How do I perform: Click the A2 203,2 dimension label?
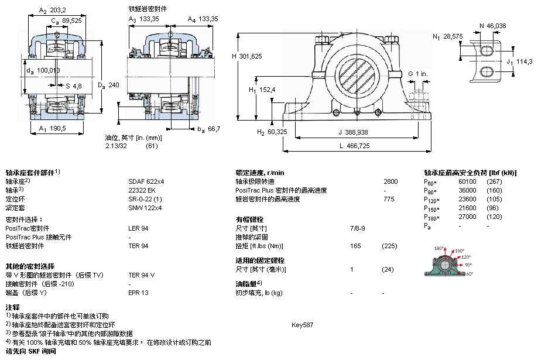[x=52, y=11]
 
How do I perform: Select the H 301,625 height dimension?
[x=246, y=56]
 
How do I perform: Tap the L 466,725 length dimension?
[x=355, y=146]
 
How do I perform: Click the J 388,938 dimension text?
[x=354, y=132]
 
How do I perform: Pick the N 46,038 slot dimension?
[x=493, y=26]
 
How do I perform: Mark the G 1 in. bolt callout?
[x=418, y=74]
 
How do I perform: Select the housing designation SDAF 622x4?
[x=146, y=181]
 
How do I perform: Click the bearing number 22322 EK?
[x=142, y=190]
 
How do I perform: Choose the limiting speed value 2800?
[x=391, y=181]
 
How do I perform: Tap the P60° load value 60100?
[x=467, y=181]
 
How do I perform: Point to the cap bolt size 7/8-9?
[x=358, y=228]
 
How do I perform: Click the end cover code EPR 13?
[x=138, y=293]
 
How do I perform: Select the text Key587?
[x=302, y=325]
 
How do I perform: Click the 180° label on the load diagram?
[x=439, y=248]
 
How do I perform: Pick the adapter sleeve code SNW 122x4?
[x=145, y=208]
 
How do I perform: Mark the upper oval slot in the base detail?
[x=486, y=51]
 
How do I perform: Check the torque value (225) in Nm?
[x=389, y=246]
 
